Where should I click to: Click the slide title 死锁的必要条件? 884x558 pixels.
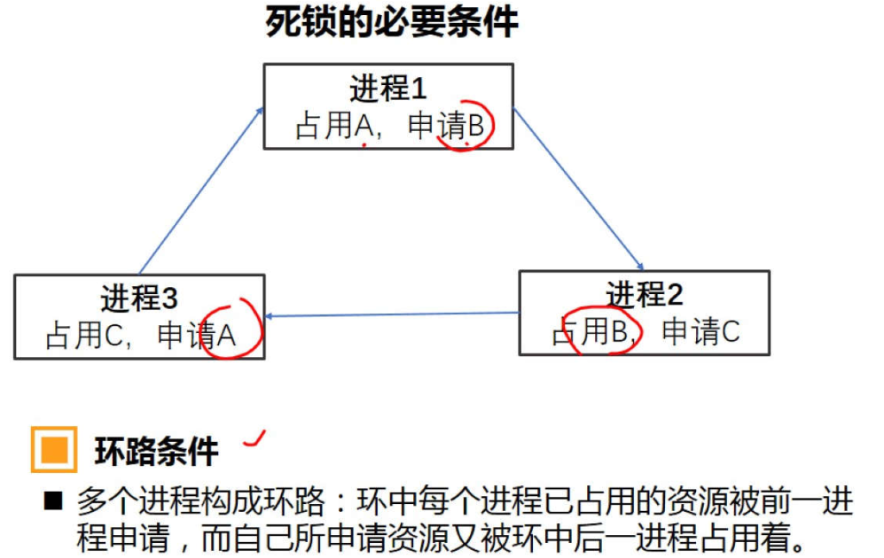click(x=391, y=23)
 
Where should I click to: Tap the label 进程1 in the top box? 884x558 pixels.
click(x=387, y=89)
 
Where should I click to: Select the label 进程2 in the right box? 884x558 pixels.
click(x=645, y=294)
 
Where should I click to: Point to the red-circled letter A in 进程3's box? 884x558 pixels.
click(x=227, y=336)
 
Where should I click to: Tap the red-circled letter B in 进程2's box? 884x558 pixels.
click(x=619, y=331)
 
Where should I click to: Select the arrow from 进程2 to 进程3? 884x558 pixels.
click(x=393, y=314)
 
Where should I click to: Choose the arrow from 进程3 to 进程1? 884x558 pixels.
click(x=201, y=190)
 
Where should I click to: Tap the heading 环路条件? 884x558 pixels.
click(x=156, y=452)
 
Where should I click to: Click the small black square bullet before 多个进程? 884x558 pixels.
click(x=54, y=502)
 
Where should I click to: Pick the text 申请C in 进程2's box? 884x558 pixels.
click(x=700, y=332)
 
